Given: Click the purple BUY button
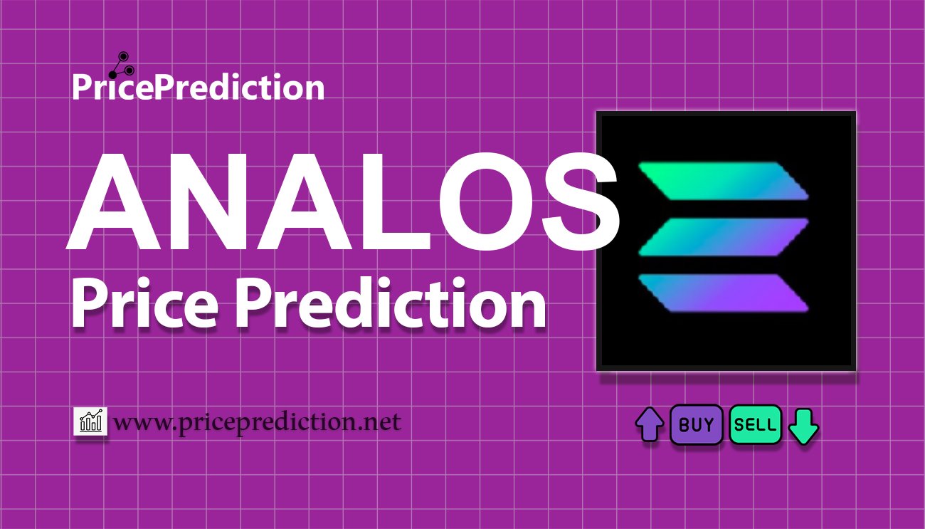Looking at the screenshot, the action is (696, 424).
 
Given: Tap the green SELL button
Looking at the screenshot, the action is (756, 424).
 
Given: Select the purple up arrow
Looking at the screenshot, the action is (650, 424).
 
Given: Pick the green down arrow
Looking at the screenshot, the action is (803, 426).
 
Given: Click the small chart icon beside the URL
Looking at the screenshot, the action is (90, 421).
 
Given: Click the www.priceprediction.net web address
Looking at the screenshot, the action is (258, 423).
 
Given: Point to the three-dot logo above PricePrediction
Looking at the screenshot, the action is (122, 66).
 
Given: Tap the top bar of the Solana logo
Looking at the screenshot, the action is (723, 181).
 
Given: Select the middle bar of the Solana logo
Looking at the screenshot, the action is (723, 237).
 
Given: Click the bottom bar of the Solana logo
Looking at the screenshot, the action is (723, 293).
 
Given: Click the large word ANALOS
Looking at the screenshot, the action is (342, 201).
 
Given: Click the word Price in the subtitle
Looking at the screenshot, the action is (144, 303).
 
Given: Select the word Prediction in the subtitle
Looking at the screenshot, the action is (390, 303).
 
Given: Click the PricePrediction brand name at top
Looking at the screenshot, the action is (199, 87).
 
